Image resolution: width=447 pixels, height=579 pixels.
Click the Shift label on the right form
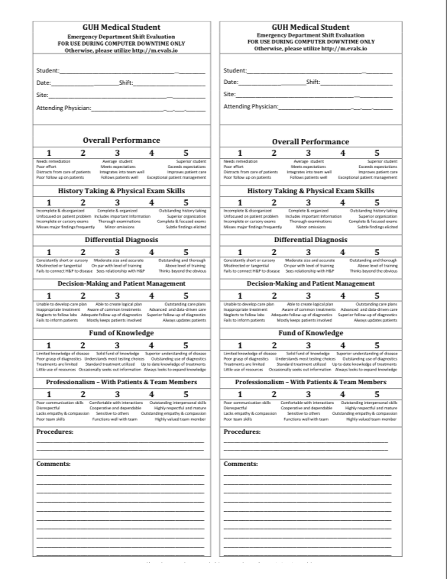pyautogui.click(x=313, y=82)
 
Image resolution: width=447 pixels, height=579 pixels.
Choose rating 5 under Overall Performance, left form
pyautogui.click(x=186, y=154)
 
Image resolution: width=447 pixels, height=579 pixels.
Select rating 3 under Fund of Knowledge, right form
pyautogui.click(x=304, y=344)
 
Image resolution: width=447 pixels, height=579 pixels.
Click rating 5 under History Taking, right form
pyautogui.click(x=372, y=202)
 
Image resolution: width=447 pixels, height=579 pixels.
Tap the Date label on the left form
pyautogui.click(x=44, y=82)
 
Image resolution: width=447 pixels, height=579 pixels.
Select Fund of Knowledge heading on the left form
pyautogui.click(x=117, y=332)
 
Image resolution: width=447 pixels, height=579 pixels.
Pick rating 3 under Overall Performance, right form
pyautogui.click(x=304, y=154)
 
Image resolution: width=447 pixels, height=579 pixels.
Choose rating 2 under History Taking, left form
pyautogui.click(x=83, y=202)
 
